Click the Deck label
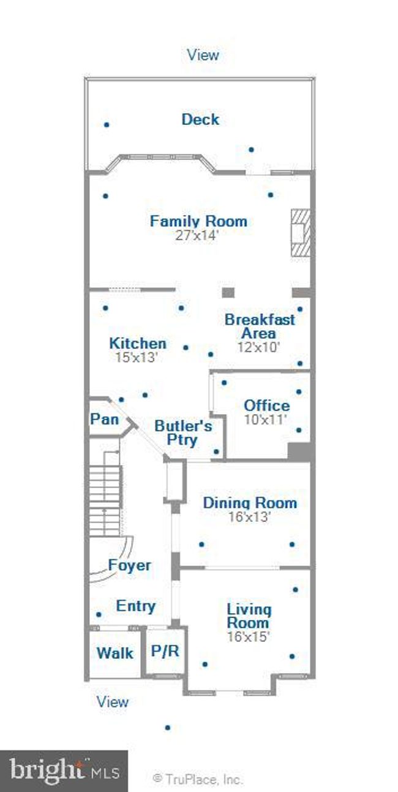point(200,119)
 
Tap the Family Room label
point(198,221)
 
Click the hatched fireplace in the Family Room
point(301,233)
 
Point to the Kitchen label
point(138,343)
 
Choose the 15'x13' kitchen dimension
point(137,357)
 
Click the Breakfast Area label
point(260,326)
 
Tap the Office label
point(267,405)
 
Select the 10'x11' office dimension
point(265,420)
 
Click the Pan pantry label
point(104,419)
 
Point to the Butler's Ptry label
point(183,433)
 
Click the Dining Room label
point(250,503)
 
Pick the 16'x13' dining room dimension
point(250,517)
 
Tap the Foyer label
point(130,565)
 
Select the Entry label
point(136,606)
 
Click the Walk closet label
point(115,653)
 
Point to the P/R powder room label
point(165,651)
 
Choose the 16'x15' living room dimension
point(249,636)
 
